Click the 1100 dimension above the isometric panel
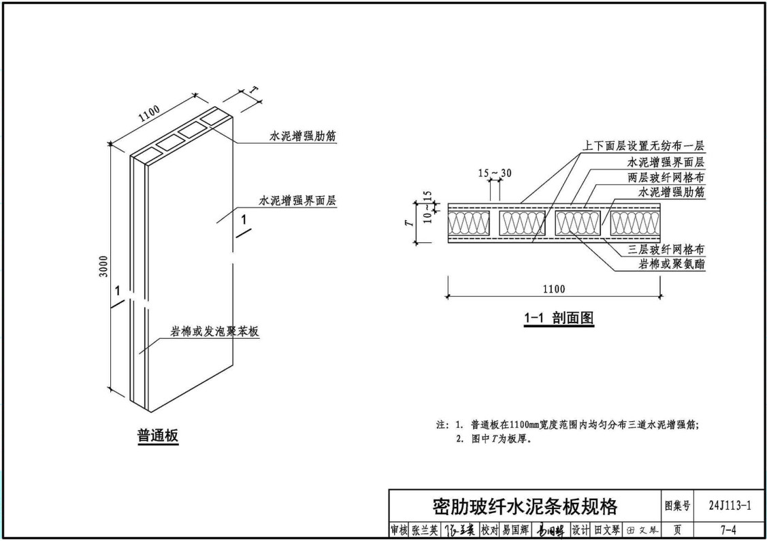coord(148,113)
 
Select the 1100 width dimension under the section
coord(553,289)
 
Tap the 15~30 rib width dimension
coord(495,174)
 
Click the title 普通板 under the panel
coord(158,436)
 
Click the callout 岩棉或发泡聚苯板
coord(214,332)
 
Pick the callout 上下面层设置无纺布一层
coord(643,146)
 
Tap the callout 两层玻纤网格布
coord(666,177)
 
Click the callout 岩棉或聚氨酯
coord(671,264)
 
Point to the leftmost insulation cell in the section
coord(469,223)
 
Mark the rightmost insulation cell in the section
coord(634,223)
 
